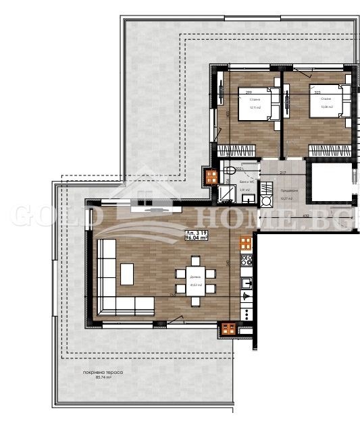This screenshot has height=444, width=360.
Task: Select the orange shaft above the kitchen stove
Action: (245, 241)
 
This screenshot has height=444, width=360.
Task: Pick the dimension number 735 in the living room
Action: (173, 295)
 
